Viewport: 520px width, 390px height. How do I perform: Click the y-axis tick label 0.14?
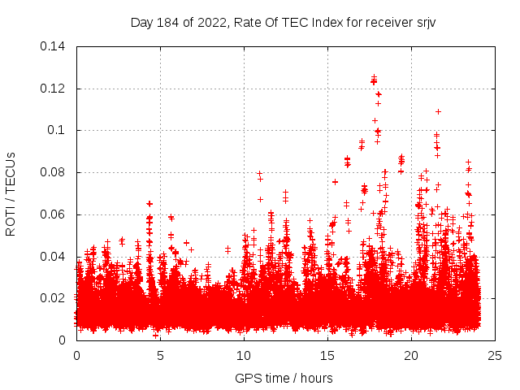click(x=56, y=46)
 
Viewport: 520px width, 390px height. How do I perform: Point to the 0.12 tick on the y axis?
click(x=56, y=89)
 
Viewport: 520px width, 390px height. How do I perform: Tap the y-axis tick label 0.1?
click(x=59, y=131)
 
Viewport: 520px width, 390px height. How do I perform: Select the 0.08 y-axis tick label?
click(x=56, y=173)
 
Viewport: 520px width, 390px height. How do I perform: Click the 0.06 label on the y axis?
click(x=56, y=215)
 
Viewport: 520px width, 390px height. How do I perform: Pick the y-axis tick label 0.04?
click(x=56, y=257)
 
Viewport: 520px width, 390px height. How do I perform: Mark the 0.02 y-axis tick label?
click(x=56, y=299)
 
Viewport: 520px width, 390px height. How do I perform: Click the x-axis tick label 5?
click(x=160, y=355)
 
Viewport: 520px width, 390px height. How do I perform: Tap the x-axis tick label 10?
click(x=244, y=355)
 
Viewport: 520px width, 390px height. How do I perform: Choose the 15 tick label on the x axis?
click(x=327, y=355)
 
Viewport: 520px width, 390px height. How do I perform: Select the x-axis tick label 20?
click(x=411, y=355)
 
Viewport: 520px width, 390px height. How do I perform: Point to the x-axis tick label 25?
click(x=495, y=355)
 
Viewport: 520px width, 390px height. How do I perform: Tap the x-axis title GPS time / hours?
click(x=284, y=378)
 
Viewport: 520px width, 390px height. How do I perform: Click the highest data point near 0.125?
click(x=374, y=78)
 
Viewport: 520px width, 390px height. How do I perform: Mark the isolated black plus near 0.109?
click(x=438, y=111)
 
